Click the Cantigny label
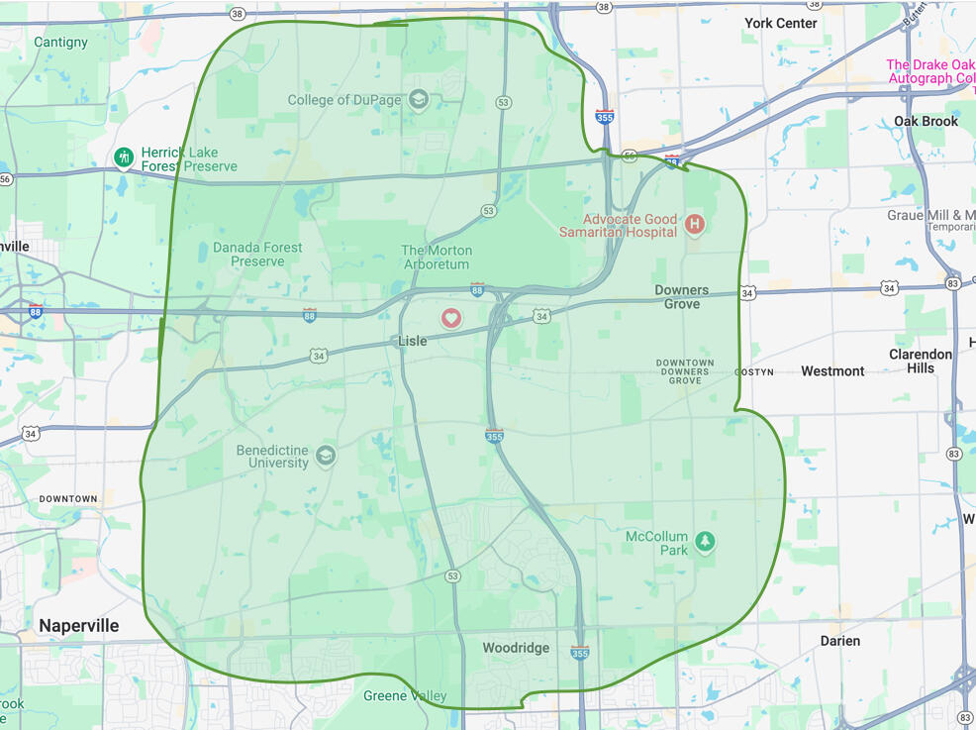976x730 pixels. click(x=60, y=43)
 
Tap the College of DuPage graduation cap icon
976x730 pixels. click(x=419, y=100)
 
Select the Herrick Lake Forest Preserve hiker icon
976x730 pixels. click(x=124, y=157)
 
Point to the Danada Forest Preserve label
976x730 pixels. click(x=257, y=255)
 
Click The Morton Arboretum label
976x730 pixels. click(x=437, y=258)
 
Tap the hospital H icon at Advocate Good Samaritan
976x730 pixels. click(x=694, y=225)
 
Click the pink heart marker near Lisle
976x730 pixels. click(x=451, y=318)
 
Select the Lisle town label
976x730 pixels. click(x=412, y=341)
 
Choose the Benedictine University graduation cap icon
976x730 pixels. click(x=325, y=457)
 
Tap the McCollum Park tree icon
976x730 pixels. click(x=704, y=542)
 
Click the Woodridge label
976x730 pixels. click(x=516, y=648)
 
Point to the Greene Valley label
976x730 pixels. click(x=405, y=696)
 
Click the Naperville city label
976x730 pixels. click(x=79, y=626)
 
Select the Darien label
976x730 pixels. click(x=840, y=641)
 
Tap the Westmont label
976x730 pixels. click(x=832, y=371)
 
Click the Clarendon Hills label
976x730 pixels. click(x=921, y=361)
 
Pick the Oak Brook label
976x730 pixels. click(x=926, y=121)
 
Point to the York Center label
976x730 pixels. click(x=781, y=23)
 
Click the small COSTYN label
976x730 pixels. click(x=753, y=372)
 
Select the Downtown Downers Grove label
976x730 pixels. click(x=685, y=371)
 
